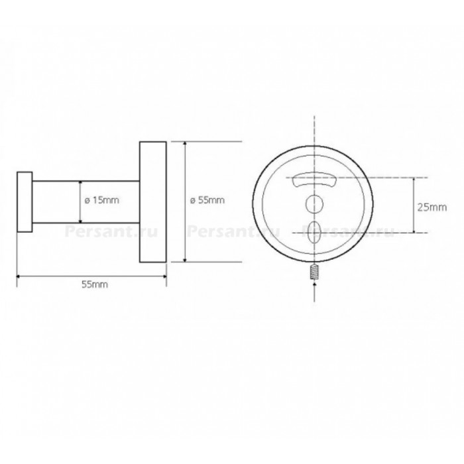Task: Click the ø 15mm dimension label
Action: pyautogui.click(x=102, y=200)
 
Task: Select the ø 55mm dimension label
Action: pyautogui.click(x=207, y=200)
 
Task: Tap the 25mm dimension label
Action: pyautogui.click(x=432, y=207)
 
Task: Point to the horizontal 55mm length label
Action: pyautogui.click(x=95, y=284)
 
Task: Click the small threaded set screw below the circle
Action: pyautogui.click(x=314, y=272)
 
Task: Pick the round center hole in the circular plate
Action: pyautogui.click(x=314, y=203)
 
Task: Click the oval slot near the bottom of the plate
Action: pyautogui.click(x=314, y=232)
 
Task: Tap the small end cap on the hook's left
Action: pyautogui.click(x=25, y=202)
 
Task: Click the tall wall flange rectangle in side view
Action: pyautogui.click(x=152, y=202)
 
